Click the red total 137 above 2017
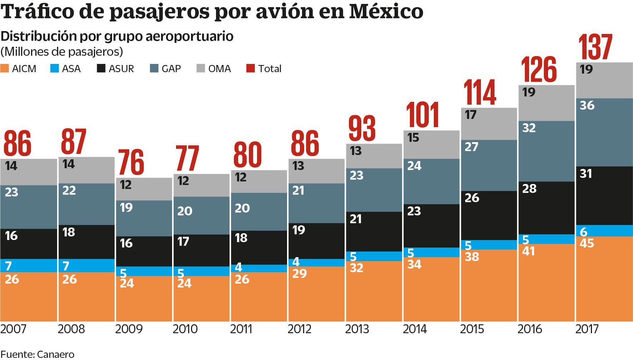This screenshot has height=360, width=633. point(595,47)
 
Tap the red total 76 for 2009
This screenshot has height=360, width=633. point(131,162)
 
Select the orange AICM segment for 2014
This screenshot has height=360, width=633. point(431,289)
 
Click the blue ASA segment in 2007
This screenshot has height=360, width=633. point(29,265)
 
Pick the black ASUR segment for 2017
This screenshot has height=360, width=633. point(604,196)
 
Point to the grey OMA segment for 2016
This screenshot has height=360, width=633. point(546,103)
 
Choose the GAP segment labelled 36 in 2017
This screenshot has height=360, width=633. point(604,132)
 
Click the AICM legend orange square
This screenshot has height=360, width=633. point(5,68)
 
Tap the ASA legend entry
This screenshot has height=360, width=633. point(66,68)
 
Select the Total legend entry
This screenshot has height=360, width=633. point(264,68)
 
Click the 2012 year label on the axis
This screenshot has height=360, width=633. point(299,329)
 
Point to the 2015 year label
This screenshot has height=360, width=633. point(472,329)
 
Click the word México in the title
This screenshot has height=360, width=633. point(386,11)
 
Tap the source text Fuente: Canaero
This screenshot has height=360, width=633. point(37,354)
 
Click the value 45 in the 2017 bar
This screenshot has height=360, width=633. point(587,243)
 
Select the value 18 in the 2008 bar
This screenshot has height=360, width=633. point(69,232)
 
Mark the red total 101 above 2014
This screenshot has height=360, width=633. point(422,115)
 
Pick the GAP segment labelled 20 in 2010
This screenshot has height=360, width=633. point(201,215)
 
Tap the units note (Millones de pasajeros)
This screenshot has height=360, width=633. point(62,52)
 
